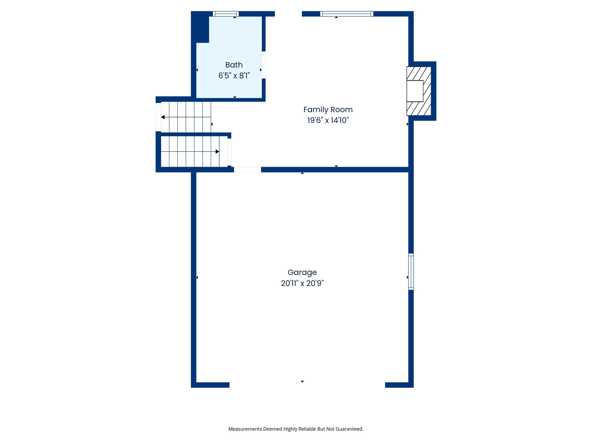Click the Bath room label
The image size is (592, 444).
coord(234,65)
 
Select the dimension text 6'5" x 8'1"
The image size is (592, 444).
coord(234,76)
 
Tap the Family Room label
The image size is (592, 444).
coord(328,110)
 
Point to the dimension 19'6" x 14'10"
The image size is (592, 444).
coord(328,120)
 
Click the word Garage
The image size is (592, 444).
coord(302,272)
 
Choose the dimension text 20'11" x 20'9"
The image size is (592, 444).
coord(302,283)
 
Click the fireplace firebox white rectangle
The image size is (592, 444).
coord(415,91)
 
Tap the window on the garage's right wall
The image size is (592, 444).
coord(411,271)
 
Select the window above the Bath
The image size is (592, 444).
coord(226,14)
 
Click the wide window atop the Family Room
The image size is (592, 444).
coord(347,14)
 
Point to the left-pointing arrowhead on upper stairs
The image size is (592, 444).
coord(163,117)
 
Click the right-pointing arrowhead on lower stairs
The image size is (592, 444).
coord(217,151)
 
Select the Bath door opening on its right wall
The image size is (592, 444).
coord(264,65)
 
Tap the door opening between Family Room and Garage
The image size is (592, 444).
coord(247,170)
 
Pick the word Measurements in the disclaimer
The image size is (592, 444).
coord(245,429)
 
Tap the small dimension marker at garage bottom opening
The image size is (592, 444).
coord(302,382)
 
